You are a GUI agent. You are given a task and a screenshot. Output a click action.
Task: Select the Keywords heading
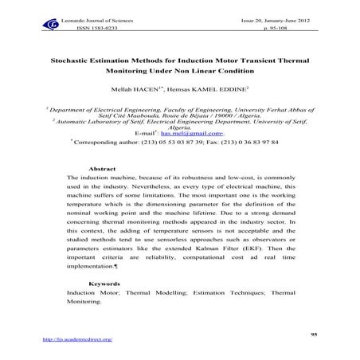click(x=106, y=283)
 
